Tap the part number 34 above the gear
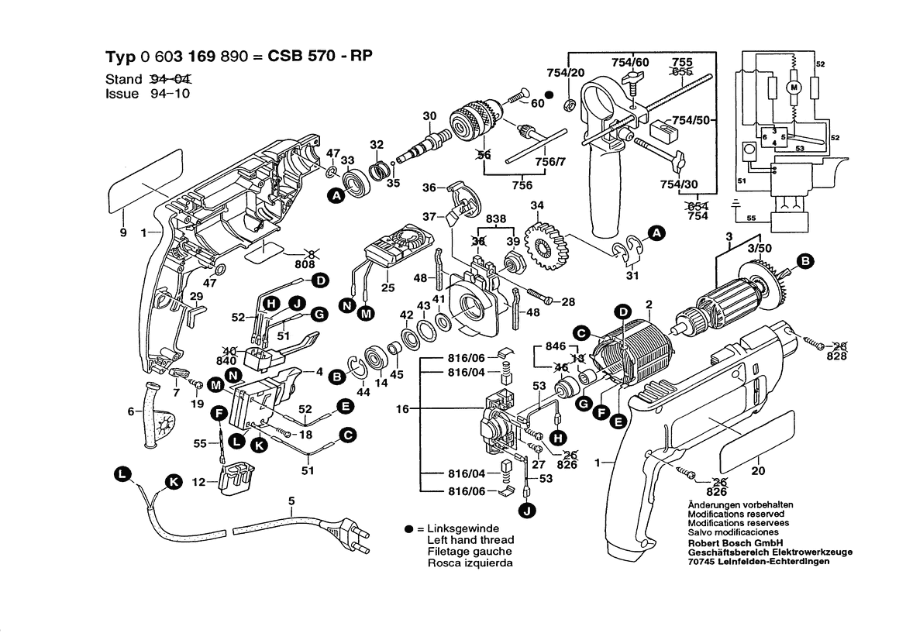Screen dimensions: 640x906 (535, 205)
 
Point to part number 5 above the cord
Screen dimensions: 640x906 (291, 501)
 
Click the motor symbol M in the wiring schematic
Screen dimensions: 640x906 (793, 88)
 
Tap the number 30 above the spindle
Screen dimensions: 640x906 (429, 117)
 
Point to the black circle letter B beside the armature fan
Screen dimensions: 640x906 (805, 262)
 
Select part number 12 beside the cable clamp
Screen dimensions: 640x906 (198, 483)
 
